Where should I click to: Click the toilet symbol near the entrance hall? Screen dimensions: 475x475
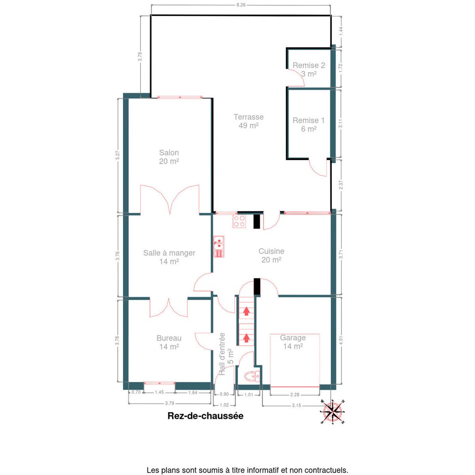(252, 376)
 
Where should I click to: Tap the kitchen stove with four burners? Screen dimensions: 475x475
(239, 221)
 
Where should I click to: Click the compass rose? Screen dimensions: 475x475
(332, 412)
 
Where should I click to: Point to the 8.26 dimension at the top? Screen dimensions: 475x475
(241, 5)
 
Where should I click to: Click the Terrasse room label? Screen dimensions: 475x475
(249, 117)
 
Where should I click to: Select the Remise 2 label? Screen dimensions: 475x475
(309, 65)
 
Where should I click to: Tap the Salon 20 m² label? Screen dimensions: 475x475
(169, 157)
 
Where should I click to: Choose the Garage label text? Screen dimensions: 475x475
(293, 338)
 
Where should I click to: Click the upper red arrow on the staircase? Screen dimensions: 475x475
(246, 312)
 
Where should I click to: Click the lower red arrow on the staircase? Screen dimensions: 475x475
(246, 338)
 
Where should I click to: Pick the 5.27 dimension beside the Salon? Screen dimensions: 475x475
(118, 155)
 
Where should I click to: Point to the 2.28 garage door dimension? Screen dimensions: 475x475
(294, 395)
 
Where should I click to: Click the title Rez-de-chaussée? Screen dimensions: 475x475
(205, 416)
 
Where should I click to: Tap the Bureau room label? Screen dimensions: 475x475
(169, 338)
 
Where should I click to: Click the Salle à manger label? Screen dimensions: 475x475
(169, 253)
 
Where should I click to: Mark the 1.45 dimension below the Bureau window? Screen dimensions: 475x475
(159, 392)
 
